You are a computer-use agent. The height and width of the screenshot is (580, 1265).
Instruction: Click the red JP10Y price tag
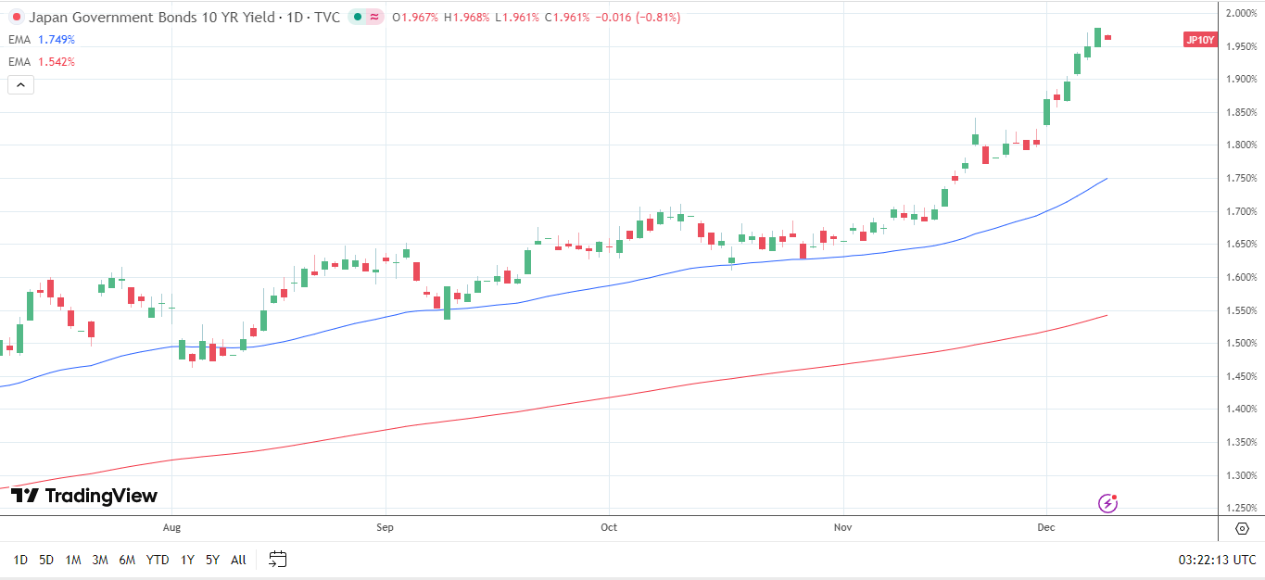[x=1200, y=40]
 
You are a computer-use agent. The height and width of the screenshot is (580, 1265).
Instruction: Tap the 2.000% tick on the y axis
[x=1241, y=13]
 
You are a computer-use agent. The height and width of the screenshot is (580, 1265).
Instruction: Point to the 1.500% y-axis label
[x=1241, y=344]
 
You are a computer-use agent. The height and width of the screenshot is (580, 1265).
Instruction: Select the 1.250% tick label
[x=1241, y=509]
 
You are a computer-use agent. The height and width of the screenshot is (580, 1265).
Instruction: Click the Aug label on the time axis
[x=171, y=527]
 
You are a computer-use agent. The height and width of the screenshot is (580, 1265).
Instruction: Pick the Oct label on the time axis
[x=609, y=527]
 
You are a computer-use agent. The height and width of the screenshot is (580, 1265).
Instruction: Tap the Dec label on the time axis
[x=1046, y=527]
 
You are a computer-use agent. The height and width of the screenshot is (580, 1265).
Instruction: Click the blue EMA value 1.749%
[x=57, y=40]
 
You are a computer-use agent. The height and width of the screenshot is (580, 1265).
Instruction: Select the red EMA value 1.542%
[x=57, y=62]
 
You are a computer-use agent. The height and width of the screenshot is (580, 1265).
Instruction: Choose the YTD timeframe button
[x=158, y=560]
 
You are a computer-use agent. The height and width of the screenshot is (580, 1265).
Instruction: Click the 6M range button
[x=127, y=560]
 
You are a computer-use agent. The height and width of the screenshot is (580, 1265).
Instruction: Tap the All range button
[x=238, y=560]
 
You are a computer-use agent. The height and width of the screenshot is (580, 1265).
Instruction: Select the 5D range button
[x=46, y=560]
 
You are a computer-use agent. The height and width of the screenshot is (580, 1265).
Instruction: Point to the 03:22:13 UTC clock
[x=1217, y=560]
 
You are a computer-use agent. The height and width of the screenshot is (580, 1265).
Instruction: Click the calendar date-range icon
[x=278, y=559]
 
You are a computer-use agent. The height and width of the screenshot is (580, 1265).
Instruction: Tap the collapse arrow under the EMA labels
[x=20, y=85]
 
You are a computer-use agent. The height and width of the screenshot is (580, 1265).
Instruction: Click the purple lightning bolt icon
[x=1107, y=503]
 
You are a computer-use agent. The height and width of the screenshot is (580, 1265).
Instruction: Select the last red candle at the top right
[x=1107, y=37]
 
